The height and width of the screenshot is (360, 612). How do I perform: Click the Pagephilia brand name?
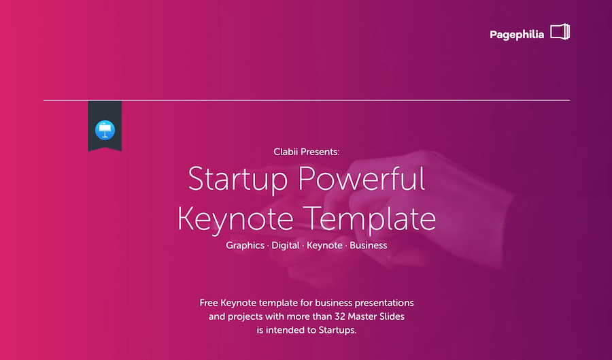(x=517, y=35)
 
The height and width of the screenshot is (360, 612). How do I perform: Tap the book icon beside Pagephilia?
(x=560, y=31)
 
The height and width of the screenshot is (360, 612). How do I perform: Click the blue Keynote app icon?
(x=105, y=129)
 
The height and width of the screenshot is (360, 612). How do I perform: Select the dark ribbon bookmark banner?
(x=105, y=126)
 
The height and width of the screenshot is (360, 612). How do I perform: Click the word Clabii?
(x=286, y=152)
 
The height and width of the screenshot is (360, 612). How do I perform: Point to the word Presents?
(x=320, y=152)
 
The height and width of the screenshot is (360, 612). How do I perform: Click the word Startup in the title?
(x=238, y=180)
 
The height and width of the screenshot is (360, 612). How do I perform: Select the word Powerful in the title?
(x=362, y=178)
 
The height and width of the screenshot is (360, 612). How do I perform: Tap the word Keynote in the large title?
(x=235, y=219)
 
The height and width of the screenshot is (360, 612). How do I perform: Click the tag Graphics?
(x=245, y=246)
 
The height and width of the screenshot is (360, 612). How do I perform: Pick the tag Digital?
(x=286, y=246)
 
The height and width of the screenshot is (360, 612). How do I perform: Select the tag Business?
(x=369, y=245)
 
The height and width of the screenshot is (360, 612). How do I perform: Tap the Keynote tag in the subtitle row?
(x=324, y=246)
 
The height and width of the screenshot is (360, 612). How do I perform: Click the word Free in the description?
(x=209, y=303)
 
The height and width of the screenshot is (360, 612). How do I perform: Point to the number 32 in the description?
(x=339, y=316)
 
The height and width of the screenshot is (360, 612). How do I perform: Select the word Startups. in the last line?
(x=337, y=330)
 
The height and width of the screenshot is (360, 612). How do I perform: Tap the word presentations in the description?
(x=384, y=303)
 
